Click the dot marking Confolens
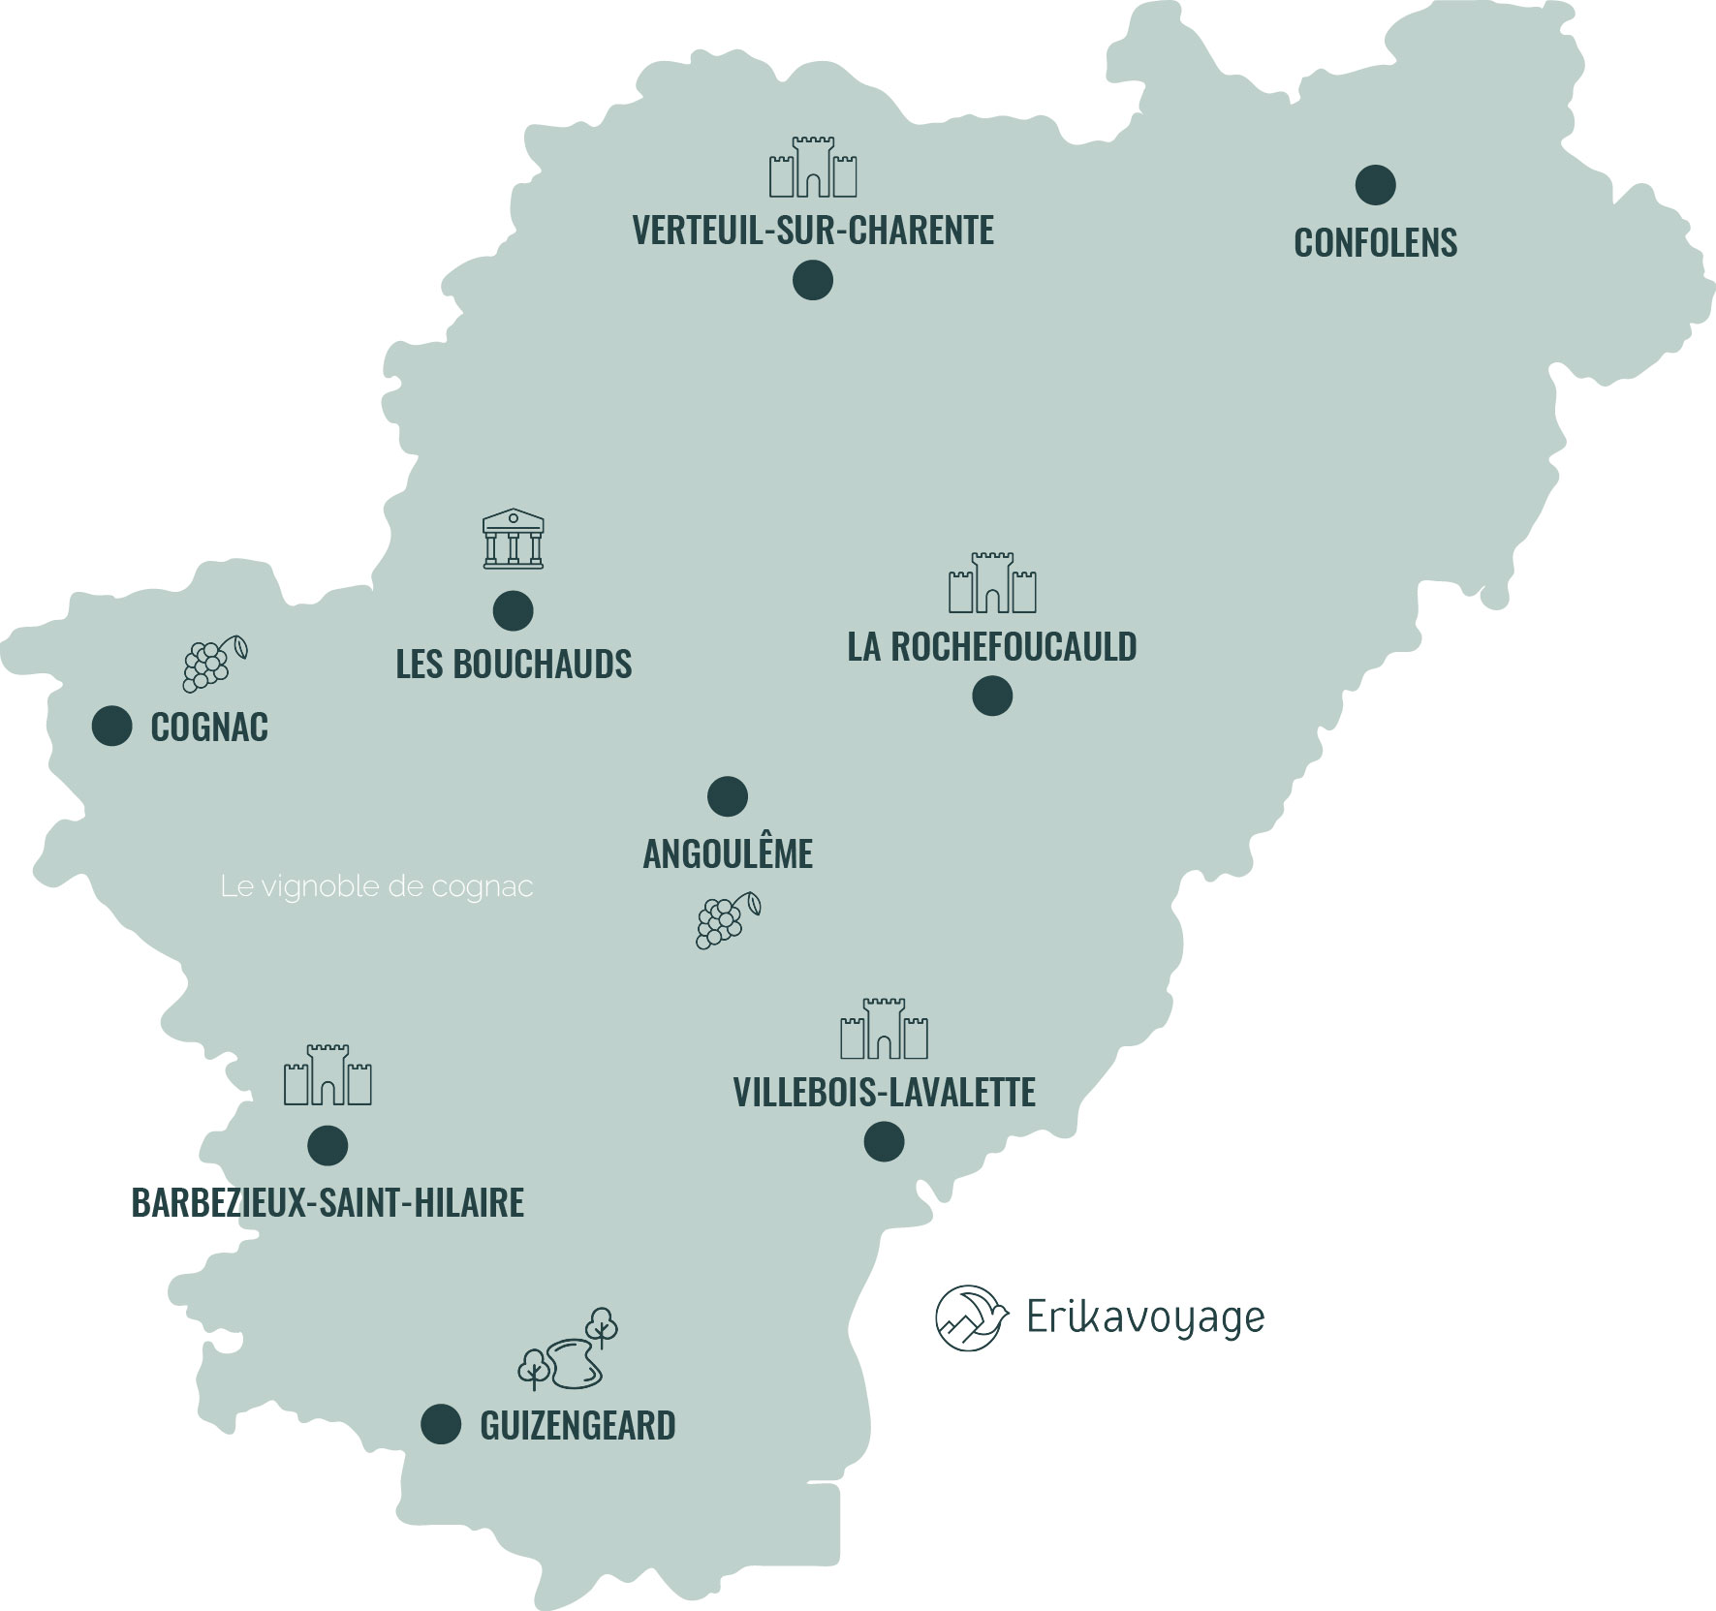(1375, 184)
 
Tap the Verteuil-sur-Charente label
(813, 231)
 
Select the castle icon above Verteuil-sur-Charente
(813, 167)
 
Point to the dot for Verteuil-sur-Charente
(813, 281)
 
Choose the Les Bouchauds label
(514, 665)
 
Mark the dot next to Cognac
(112, 726)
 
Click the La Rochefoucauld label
(991, 646)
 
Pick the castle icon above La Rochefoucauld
(992, 583)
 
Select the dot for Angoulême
(728, 796)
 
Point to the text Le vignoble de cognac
(377, 886)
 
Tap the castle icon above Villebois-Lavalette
(884, 1028)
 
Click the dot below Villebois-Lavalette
(884, 1141)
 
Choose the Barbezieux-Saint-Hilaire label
(328, 1203)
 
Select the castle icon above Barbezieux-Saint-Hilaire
(328, 1075)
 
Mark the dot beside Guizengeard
(441, 1424)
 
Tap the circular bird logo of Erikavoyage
(967, 1317)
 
